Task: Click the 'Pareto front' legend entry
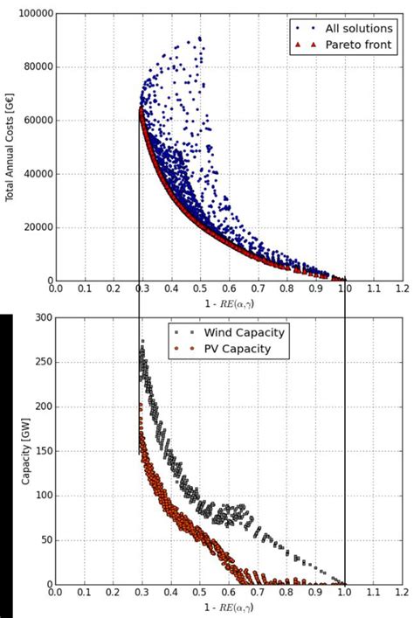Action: (x=348, y=44)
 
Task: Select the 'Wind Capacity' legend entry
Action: (x=244, y=333)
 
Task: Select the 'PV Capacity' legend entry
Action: (x=237, y=349)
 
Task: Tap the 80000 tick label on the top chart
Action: (x=33, y=67)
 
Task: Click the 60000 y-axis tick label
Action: (x=33, y=121)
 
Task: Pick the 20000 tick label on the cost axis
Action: (x=33, y=227)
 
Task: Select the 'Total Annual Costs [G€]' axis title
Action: (x=10, y=147)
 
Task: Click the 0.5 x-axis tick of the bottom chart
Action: (x=199, y=592)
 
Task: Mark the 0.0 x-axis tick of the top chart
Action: (x=55, y=288)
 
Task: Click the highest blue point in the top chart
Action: (x=199, y=38)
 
